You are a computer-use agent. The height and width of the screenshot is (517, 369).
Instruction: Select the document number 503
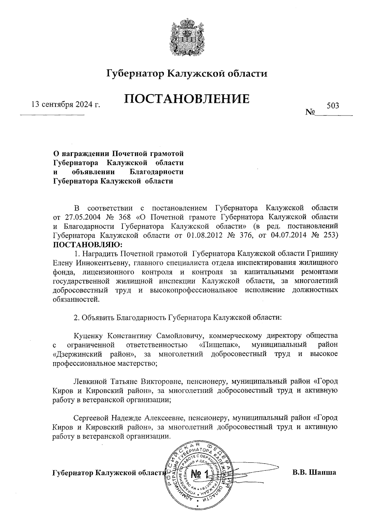[333, 106]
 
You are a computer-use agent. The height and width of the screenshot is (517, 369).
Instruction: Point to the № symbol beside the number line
[310, 112]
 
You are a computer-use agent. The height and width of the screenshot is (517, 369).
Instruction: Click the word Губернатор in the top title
[134, 74]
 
